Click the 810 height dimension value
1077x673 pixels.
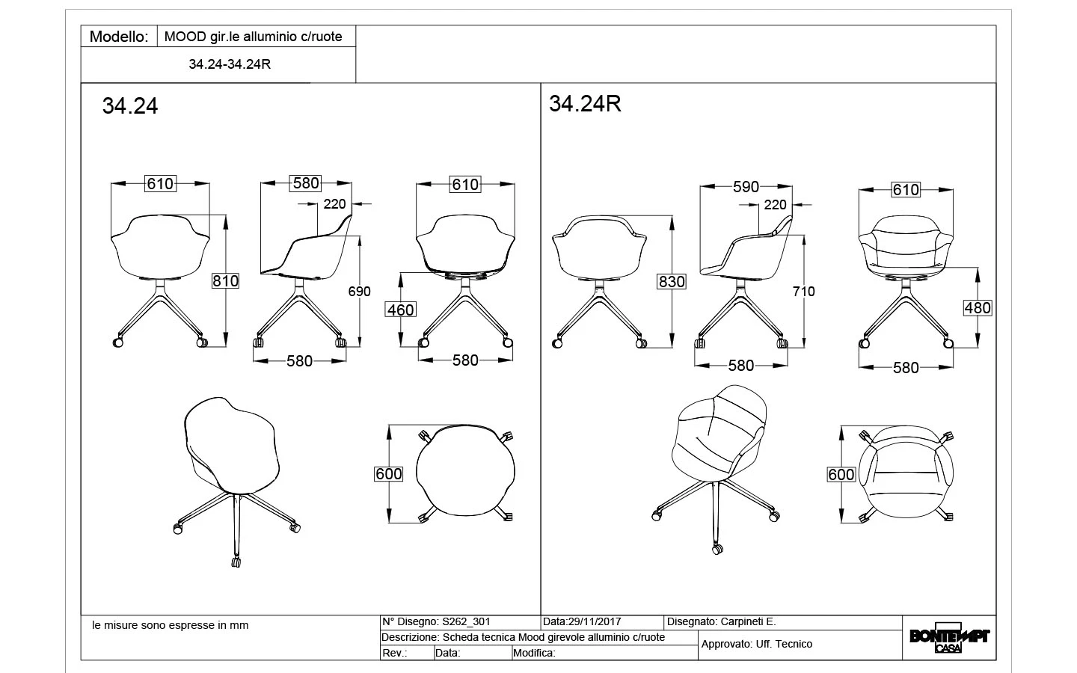(225, 281)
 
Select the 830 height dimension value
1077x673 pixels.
(672, 282)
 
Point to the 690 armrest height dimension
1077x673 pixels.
(360, 291)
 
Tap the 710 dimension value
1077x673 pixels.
(804, 291)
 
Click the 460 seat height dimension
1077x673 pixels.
(400, 310)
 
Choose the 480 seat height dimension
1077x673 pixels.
(978, 307)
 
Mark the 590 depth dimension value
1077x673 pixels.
(746, 187)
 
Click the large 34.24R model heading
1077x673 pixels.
(585, 104)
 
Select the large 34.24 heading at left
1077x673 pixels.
(130, 106)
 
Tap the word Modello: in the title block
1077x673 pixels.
(119, 37)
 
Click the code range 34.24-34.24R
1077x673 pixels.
(230, 64)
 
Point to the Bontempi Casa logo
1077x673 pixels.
(949, 639)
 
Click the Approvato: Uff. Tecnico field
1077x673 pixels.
(756, 644)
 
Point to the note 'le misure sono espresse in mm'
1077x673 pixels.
(170, 625)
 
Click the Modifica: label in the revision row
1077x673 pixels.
(534, 653)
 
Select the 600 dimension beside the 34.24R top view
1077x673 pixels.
(841, 475)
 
